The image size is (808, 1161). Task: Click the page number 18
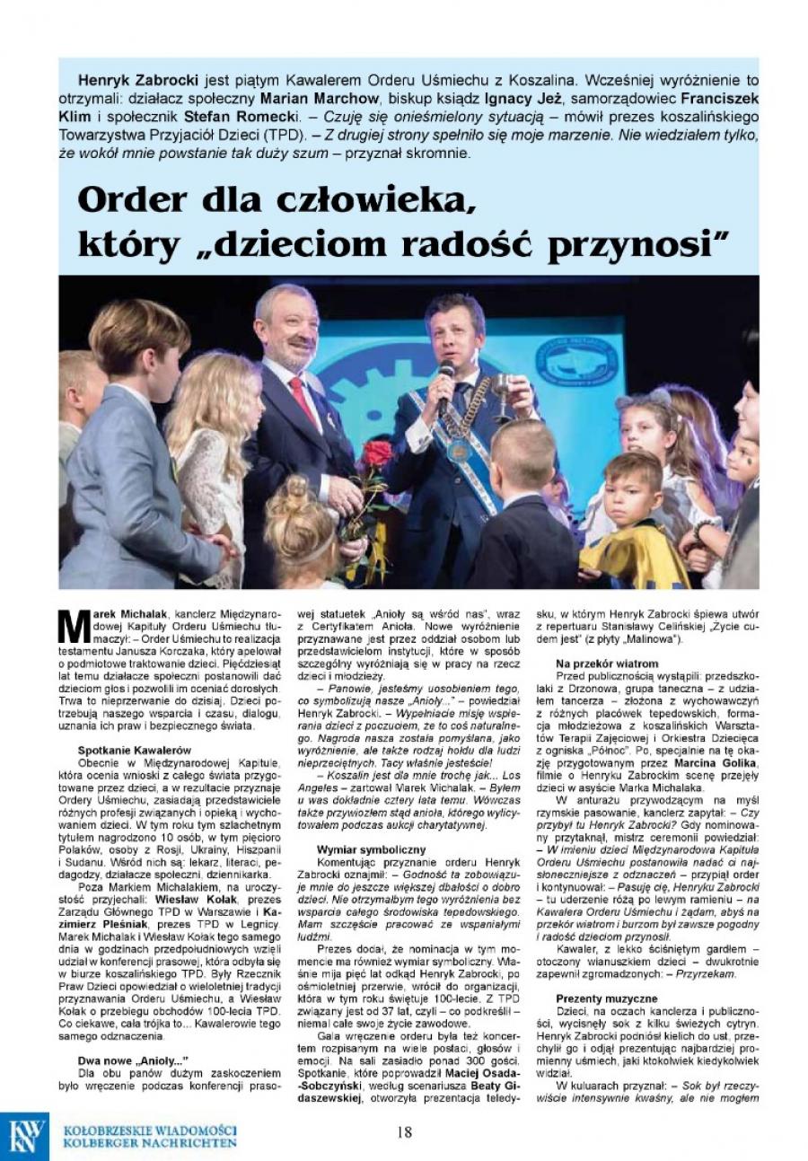(404, 1132)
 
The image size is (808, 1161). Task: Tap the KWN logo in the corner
(28, 1136)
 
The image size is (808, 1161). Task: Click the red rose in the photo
(377, 453)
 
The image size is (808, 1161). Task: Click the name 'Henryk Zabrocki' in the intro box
(136, 80)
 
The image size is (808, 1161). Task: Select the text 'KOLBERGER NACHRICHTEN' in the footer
(150, 1143)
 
